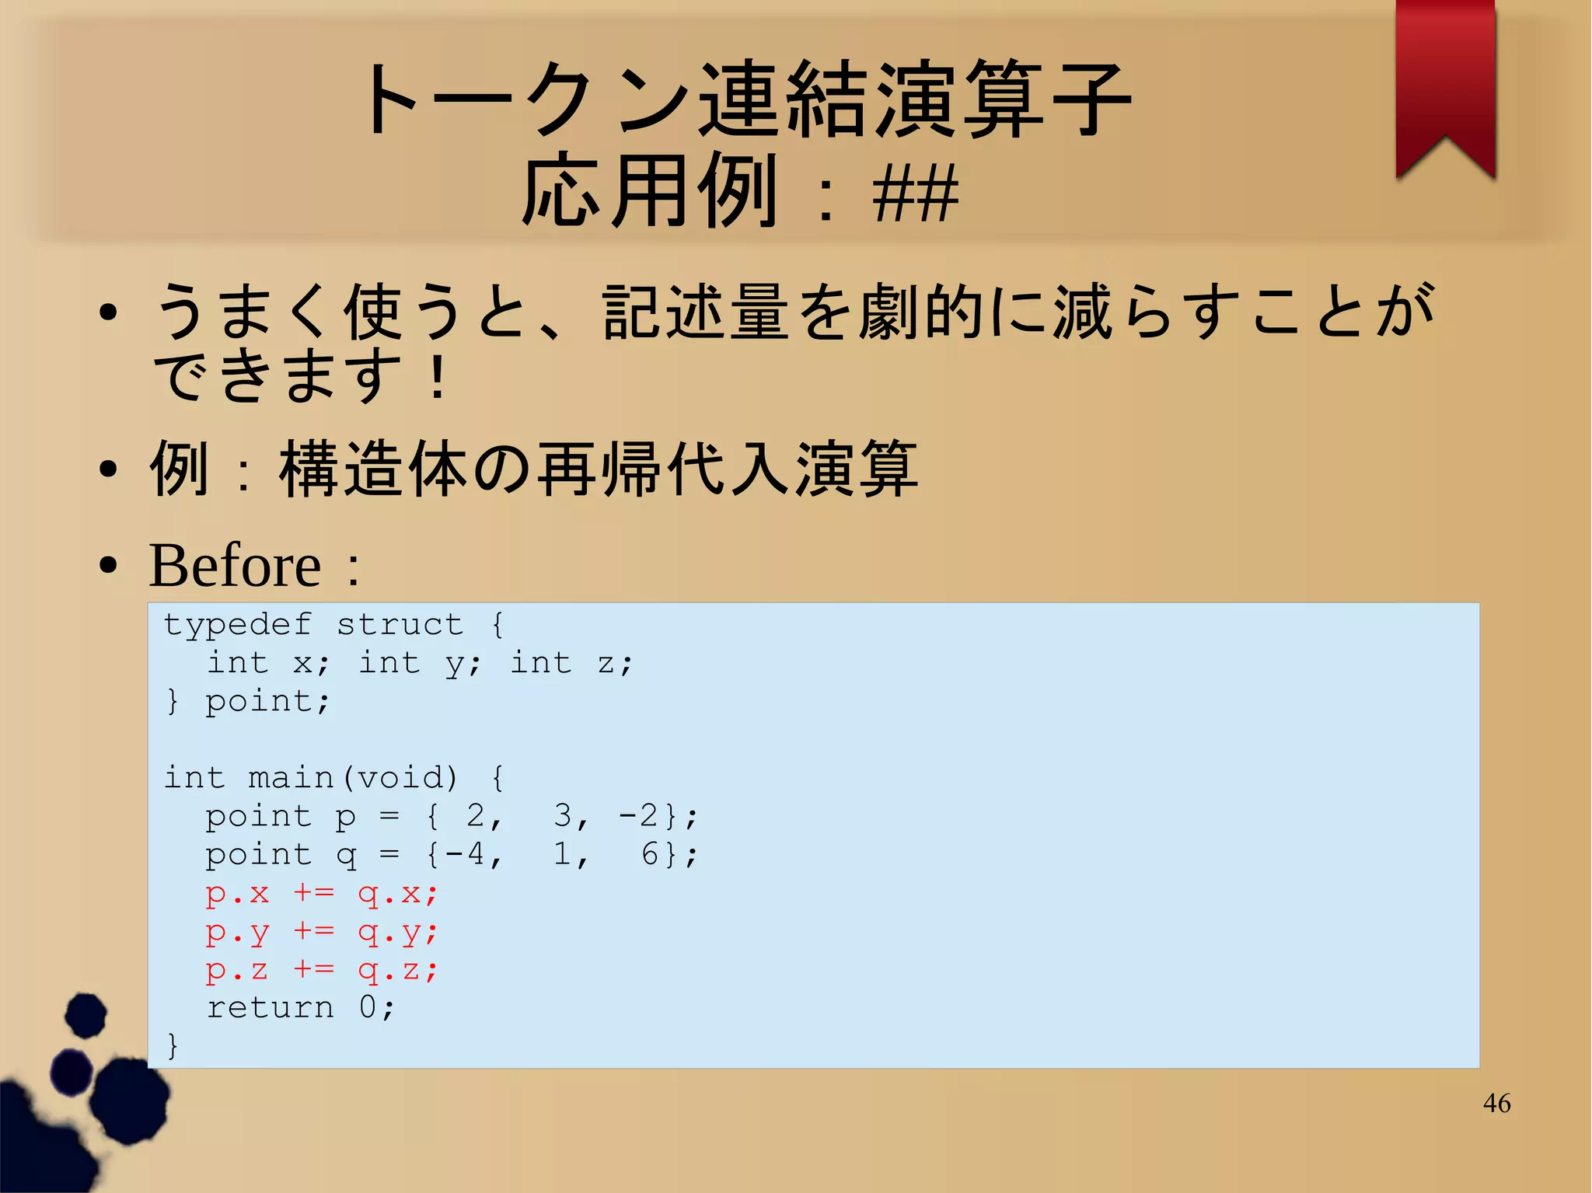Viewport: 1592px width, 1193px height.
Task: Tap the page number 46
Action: click(x=1496, y=1103)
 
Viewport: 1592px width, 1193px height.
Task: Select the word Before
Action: click(x=235, y=565)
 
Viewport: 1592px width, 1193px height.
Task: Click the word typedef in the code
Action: click(x=237, y=625)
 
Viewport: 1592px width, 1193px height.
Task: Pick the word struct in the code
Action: click(x=400, y=625)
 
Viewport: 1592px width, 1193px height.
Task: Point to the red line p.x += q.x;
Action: click(x=322, y=893)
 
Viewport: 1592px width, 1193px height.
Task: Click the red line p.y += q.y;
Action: click(x=322, y=932)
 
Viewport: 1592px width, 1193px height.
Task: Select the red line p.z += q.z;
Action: click(x=322, y=970)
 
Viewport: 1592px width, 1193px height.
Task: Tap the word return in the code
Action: click(x=270, y=1008)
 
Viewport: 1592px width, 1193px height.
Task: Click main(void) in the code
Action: click(x=353, y=778)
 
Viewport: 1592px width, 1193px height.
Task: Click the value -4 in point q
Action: click(x=464, y=855)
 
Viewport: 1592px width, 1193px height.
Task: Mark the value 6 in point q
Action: click(x=650, y=855)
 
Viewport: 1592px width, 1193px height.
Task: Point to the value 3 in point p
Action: click(x=563, y=816)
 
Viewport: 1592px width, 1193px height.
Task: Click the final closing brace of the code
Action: click(x=173, y=1045)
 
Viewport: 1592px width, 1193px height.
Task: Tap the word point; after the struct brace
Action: click(x=268, y=702)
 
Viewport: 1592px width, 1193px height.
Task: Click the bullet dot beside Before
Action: click(x=109, y=566)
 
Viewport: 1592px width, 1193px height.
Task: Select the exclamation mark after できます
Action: click(x=438, y=377)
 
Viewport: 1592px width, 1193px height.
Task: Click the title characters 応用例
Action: click(x=649, y=193)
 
